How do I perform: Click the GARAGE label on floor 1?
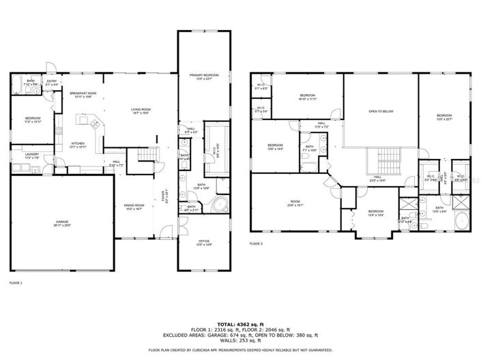[x=62, y=223]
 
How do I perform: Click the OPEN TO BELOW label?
[x=381, y=111]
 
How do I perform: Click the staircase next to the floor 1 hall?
[x=146, y=157]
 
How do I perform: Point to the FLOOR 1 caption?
[x=16, y=282]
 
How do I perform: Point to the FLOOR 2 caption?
[x=256, y=243]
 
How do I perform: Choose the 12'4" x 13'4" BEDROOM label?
[x=376, y=213]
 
